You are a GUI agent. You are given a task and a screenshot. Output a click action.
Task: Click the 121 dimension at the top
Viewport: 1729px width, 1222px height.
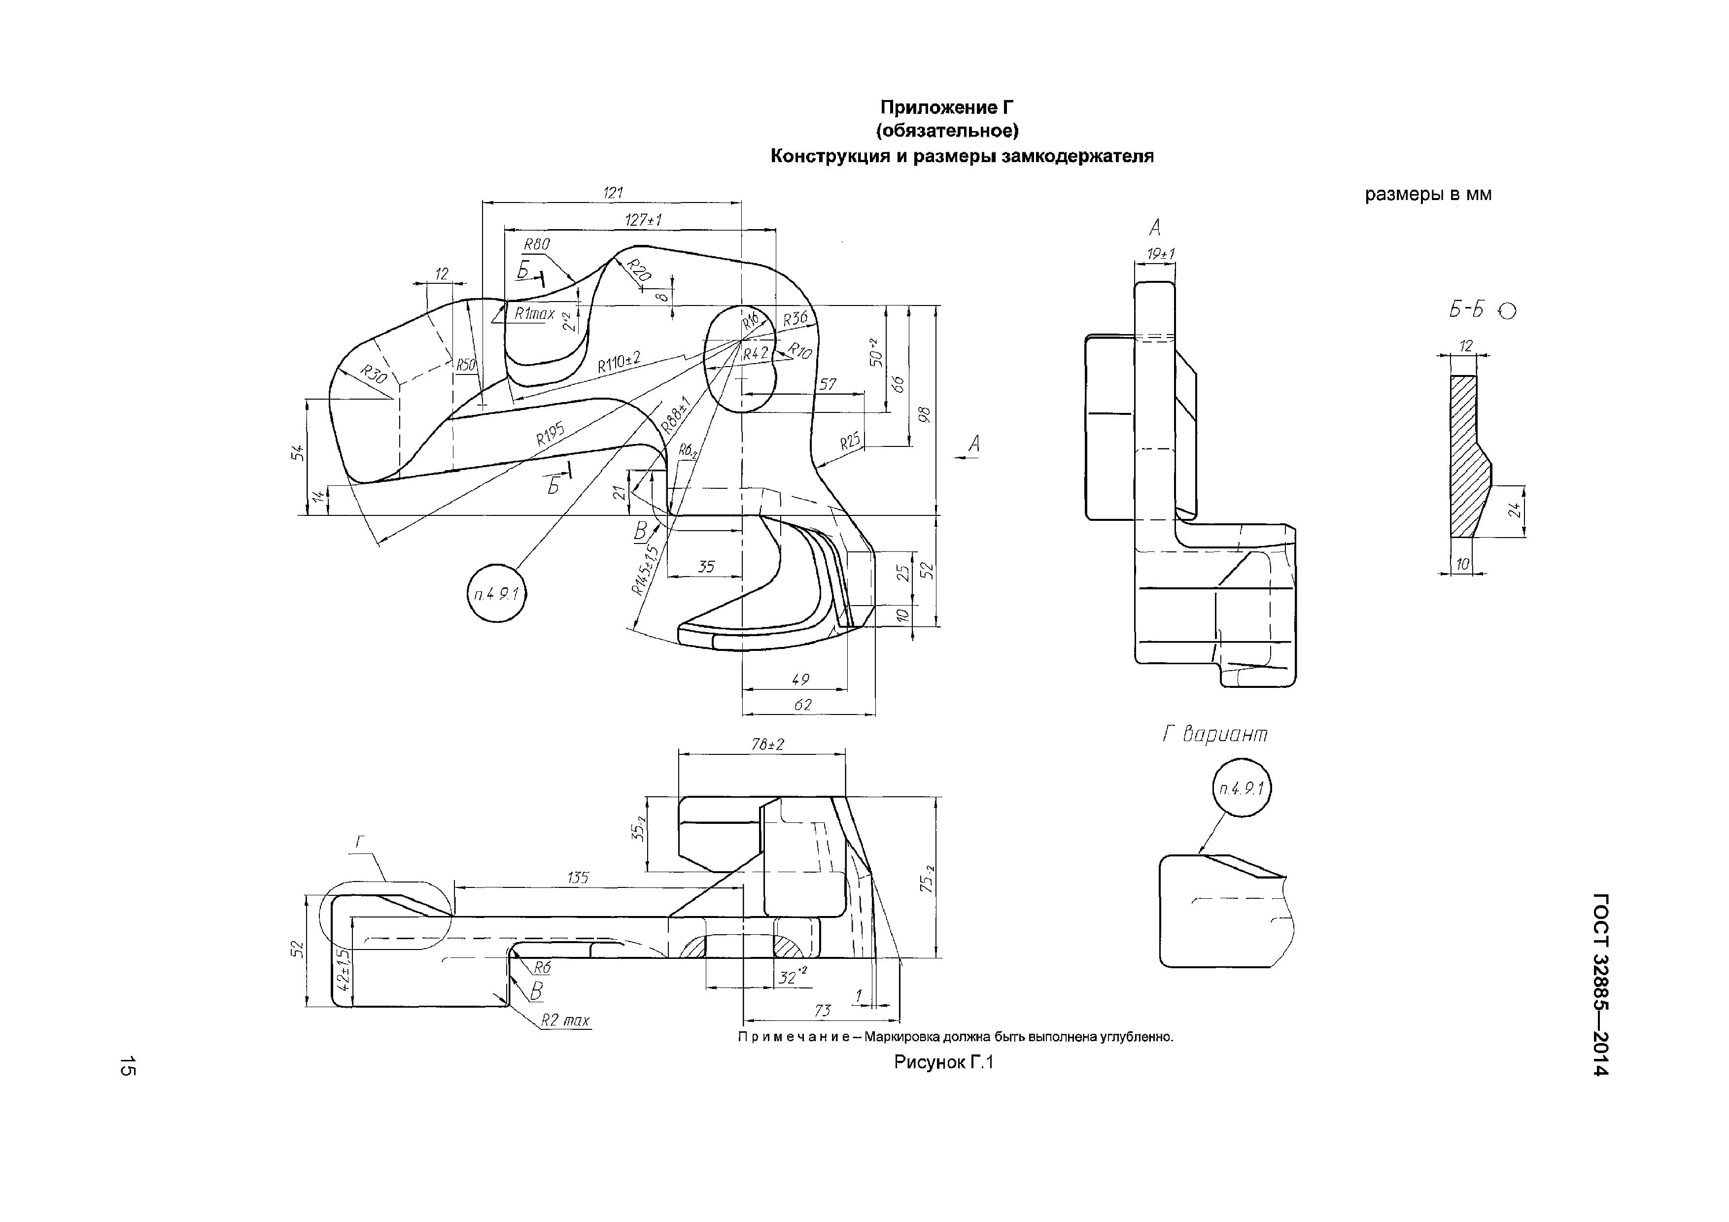[x=613, y=193]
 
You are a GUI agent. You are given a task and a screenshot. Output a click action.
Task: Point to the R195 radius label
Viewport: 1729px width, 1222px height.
[x=551, y=435]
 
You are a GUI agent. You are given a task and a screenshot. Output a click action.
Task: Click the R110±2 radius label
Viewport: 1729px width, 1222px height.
[x=619, y=362]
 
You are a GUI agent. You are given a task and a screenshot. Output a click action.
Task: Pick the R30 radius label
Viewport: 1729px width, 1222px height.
[x=374, y=374]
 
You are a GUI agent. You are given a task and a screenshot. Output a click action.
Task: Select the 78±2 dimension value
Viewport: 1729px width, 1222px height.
[x=767, y=744]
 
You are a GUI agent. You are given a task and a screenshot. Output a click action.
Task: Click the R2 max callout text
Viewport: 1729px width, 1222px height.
[x=565, y=1021]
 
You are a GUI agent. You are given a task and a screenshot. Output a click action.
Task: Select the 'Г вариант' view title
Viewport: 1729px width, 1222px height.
[x=1215, y=734]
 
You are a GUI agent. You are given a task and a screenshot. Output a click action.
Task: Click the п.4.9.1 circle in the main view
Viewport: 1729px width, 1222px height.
[x=497, y=593]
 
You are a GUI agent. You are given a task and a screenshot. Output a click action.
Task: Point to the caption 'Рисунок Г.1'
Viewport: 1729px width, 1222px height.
[x=944, y=1062]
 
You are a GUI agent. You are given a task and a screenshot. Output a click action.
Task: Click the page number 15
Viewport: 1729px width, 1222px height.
[x=127, y=1066]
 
